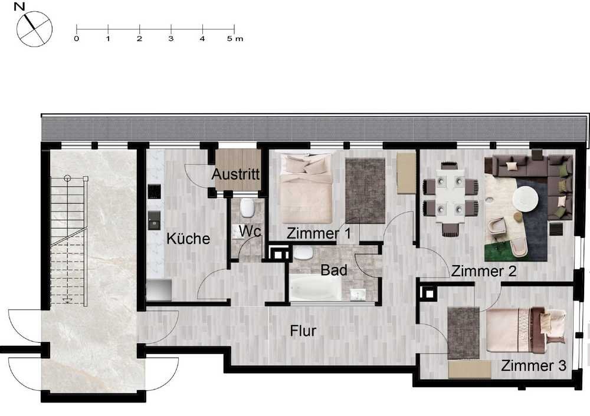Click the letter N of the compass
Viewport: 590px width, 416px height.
coord(19,6)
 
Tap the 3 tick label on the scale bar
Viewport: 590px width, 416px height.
coord(171,39)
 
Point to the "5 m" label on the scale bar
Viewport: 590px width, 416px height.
coord(235,39)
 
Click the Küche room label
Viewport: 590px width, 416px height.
coord(188,239)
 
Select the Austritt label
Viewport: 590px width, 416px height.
coord(235,174)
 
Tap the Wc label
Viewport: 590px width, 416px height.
coord(250,231)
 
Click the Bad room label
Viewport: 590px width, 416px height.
coord(334,270)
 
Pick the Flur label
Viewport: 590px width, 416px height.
coord(303,331)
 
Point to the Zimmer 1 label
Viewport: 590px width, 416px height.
coord(319,233)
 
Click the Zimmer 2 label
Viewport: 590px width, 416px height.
coord(484,271)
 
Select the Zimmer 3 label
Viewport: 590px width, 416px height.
coord(533,365)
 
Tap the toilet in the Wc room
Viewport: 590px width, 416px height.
coord(247,208)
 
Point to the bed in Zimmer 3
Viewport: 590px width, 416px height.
coord(526,330)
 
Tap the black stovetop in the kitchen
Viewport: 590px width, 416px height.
coord(154,192)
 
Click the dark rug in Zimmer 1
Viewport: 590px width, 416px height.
coord(365,190)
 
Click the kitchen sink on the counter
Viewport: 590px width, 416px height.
coord(154,220)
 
